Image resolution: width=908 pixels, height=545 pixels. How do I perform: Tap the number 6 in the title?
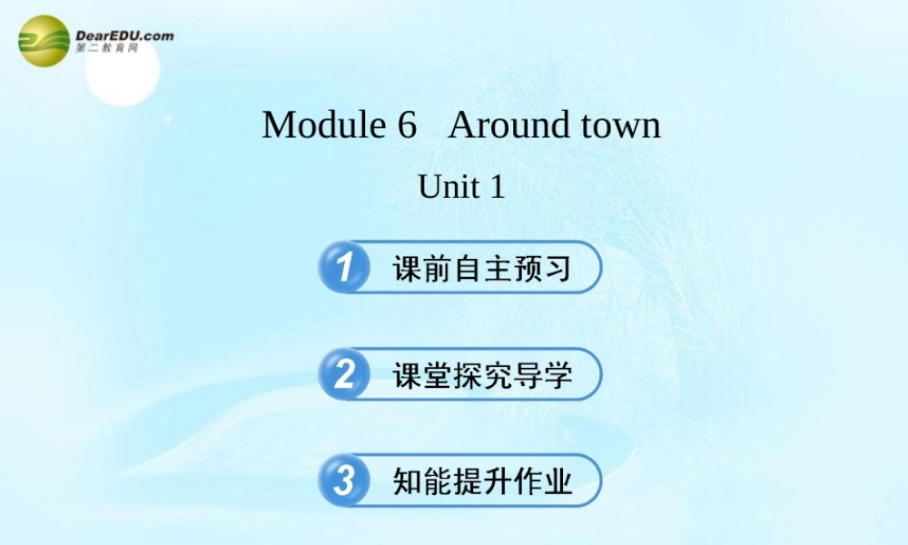point(406,124)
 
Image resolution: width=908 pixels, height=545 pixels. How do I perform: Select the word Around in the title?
point(503,124)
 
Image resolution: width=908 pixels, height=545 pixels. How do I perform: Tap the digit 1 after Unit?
point(496,187)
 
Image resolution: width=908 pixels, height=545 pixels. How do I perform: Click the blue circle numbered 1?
point(344,267)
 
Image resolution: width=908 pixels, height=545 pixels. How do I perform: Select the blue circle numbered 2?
point(344,373)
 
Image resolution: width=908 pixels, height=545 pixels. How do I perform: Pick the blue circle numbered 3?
point(344,481)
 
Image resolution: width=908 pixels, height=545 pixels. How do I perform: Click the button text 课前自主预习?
point(482,268)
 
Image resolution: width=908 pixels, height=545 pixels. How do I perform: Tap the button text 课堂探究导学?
point(482,374)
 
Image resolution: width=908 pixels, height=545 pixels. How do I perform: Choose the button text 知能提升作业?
point(482,481)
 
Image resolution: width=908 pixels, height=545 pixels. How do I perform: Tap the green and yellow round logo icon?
point(44,42)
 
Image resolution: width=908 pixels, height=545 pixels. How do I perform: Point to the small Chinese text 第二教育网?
point(107,48)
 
